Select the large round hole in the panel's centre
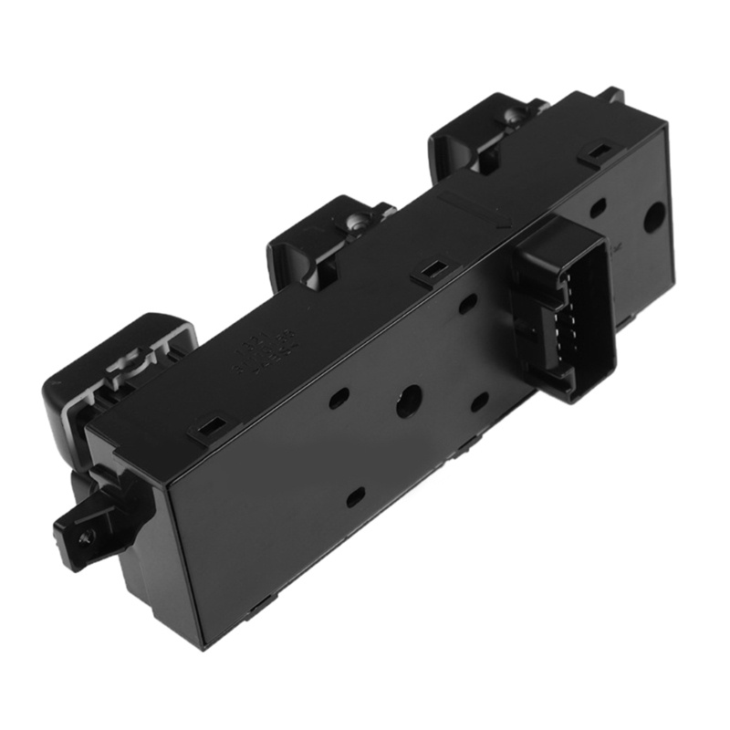pyautogui.click(x=409, y=401)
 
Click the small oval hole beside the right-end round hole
pyautogui.click(x=598, y=208)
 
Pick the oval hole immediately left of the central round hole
pyautogui.click(x=339, y=397)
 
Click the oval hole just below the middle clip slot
pyautogui.click(x=467, y=304)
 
